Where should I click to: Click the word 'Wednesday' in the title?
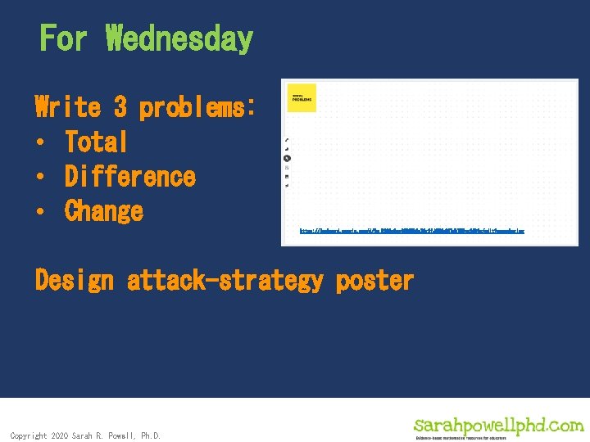pyautogui.click(x=179, y=38)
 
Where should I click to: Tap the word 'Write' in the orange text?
pyautogui.click(x=68, y=107)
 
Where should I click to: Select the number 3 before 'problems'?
pyautogui.click(x=120, y=107)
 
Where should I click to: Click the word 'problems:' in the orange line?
pyautogui.click(x=197, y=107)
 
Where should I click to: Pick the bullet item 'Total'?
pyautogui.click(x=97, y=142)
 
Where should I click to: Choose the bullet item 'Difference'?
pyautogui.click(x=130, y=177)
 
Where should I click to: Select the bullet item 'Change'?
pyautogui.click(x=104, y=211)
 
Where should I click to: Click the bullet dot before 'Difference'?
pyautogui.click(x=40, y=178)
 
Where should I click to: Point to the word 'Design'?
pyautogui.click(x=75, y=281)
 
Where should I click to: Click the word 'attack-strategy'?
pyautogui.click(x=225, y=281)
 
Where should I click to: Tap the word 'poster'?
pyautogui.click(x=374, y=281)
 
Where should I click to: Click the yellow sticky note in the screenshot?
pyautogui.click(x=301, y=97)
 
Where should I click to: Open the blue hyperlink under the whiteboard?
pyautogui.click(x=412, y=232)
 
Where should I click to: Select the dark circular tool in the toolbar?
pyautogui.click(x=287, y=158)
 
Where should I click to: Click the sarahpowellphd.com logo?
pyautogui.click(x=498, y=425)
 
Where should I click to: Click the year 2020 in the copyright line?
pyautogui.click(x=60, y=435)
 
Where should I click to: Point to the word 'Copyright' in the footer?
pyautogui.click(x=29, y=435)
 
